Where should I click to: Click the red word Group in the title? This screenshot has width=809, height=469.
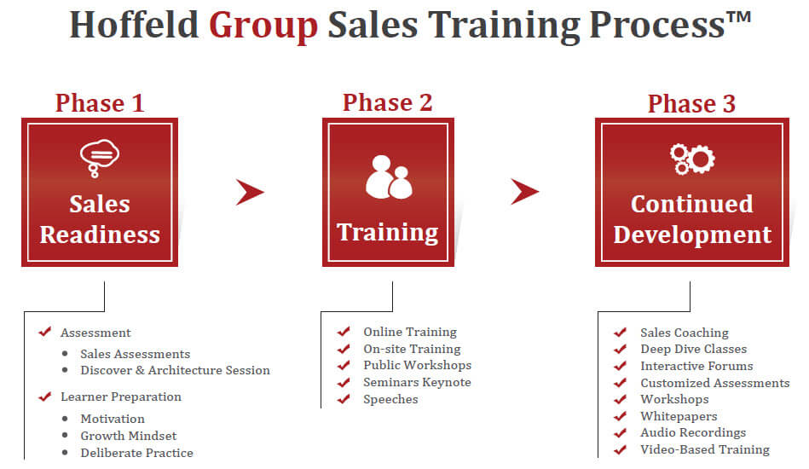pos(263,26)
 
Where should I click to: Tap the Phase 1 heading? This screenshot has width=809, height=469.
pos(100,102)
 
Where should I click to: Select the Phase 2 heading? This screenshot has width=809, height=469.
pos(388,102)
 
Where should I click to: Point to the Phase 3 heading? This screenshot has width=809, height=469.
pos(691,103)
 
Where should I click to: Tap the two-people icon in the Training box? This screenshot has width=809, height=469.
pos(389,177)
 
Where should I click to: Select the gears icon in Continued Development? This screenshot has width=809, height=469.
pos(692,159)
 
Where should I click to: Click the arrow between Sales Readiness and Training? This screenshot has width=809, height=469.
pos(249,193)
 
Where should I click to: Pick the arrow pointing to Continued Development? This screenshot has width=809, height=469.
pos(524,192)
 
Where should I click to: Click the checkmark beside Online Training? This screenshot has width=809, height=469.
pos(344,331)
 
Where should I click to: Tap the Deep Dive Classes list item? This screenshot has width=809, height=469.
pos(693,350)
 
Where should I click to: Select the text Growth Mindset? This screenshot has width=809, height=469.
pos(129,436)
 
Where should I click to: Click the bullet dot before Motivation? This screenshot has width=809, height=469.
pos(65,419)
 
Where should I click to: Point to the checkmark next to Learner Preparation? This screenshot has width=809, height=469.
pos(45,397)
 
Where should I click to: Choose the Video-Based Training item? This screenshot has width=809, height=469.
pos(705,449)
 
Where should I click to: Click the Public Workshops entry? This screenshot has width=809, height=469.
pos(417,365)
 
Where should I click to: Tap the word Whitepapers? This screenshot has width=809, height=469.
pos(679,416)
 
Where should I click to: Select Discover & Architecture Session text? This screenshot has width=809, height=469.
pos(175,370)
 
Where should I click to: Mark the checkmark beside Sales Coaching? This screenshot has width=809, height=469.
pos(620,333)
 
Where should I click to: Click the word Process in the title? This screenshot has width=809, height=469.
pos(657,26)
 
